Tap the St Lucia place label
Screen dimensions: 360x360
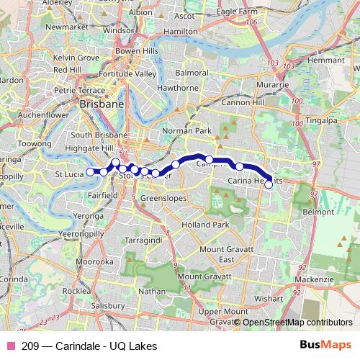coord(70,174)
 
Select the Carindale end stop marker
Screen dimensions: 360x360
coord(269,185)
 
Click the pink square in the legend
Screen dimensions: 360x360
coord(11,346)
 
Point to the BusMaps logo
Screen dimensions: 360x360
coord(326,346)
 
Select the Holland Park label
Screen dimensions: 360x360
coord(204,225)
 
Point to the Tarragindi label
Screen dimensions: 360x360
coord(143,238)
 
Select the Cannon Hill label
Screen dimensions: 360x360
coord(241,103)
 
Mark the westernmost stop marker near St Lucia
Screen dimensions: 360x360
coord(90,171)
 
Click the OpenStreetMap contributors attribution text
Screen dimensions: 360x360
coord(298,323)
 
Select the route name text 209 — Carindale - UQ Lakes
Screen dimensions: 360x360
coord(89,346)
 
